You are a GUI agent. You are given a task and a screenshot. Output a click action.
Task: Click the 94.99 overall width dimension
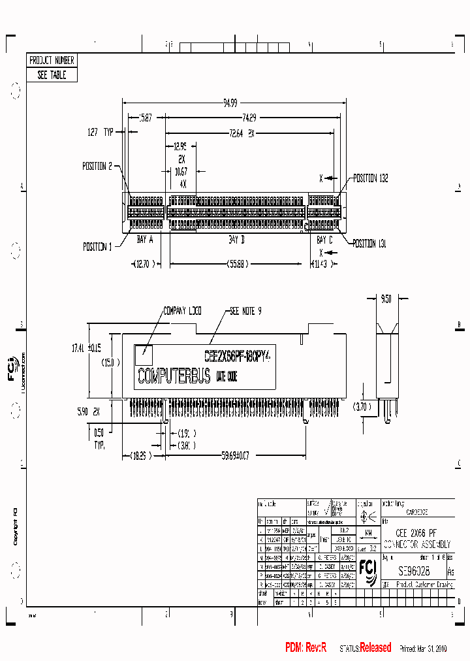tap(230, 103)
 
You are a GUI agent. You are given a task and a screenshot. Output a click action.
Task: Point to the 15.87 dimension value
tap(145, 118)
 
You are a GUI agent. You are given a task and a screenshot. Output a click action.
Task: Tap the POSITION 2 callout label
tap(97, 166)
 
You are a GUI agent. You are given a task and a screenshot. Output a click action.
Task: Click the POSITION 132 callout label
tap(371, 178)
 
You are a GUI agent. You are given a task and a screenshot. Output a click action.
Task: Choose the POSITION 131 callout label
tap(369, 243)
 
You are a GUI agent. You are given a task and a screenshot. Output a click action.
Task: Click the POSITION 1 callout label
tap(97, 247)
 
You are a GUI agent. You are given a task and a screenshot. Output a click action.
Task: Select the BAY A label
tap(144, 240)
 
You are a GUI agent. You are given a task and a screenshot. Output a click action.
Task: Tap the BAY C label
tap(324, 240)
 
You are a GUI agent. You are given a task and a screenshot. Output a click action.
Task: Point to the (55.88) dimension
tap(236, 264)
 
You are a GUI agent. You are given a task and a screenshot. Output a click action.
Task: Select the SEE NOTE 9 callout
tap(245, 312)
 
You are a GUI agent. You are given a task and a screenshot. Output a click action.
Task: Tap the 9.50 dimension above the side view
tap(386, 299)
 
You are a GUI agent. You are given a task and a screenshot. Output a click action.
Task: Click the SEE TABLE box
tap(52, 75)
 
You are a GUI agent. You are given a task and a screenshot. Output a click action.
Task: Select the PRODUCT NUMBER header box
tap(52, 60)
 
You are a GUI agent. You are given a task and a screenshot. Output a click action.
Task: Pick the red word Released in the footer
tap(375, 648)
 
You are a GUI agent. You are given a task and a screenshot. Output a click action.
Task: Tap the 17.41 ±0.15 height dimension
tap(87, 348)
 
